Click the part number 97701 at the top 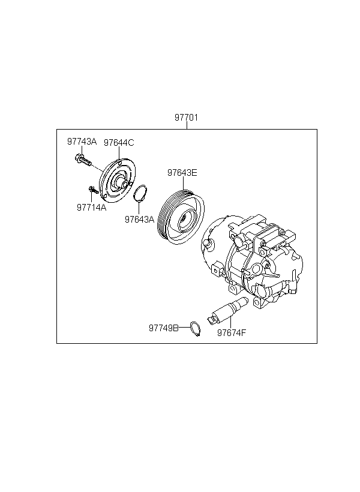187,118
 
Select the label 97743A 82,142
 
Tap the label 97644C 119,143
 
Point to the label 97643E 182,173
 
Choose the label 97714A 92,208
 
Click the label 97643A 140,220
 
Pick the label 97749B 164,328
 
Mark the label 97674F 232,332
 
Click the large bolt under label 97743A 83,160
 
